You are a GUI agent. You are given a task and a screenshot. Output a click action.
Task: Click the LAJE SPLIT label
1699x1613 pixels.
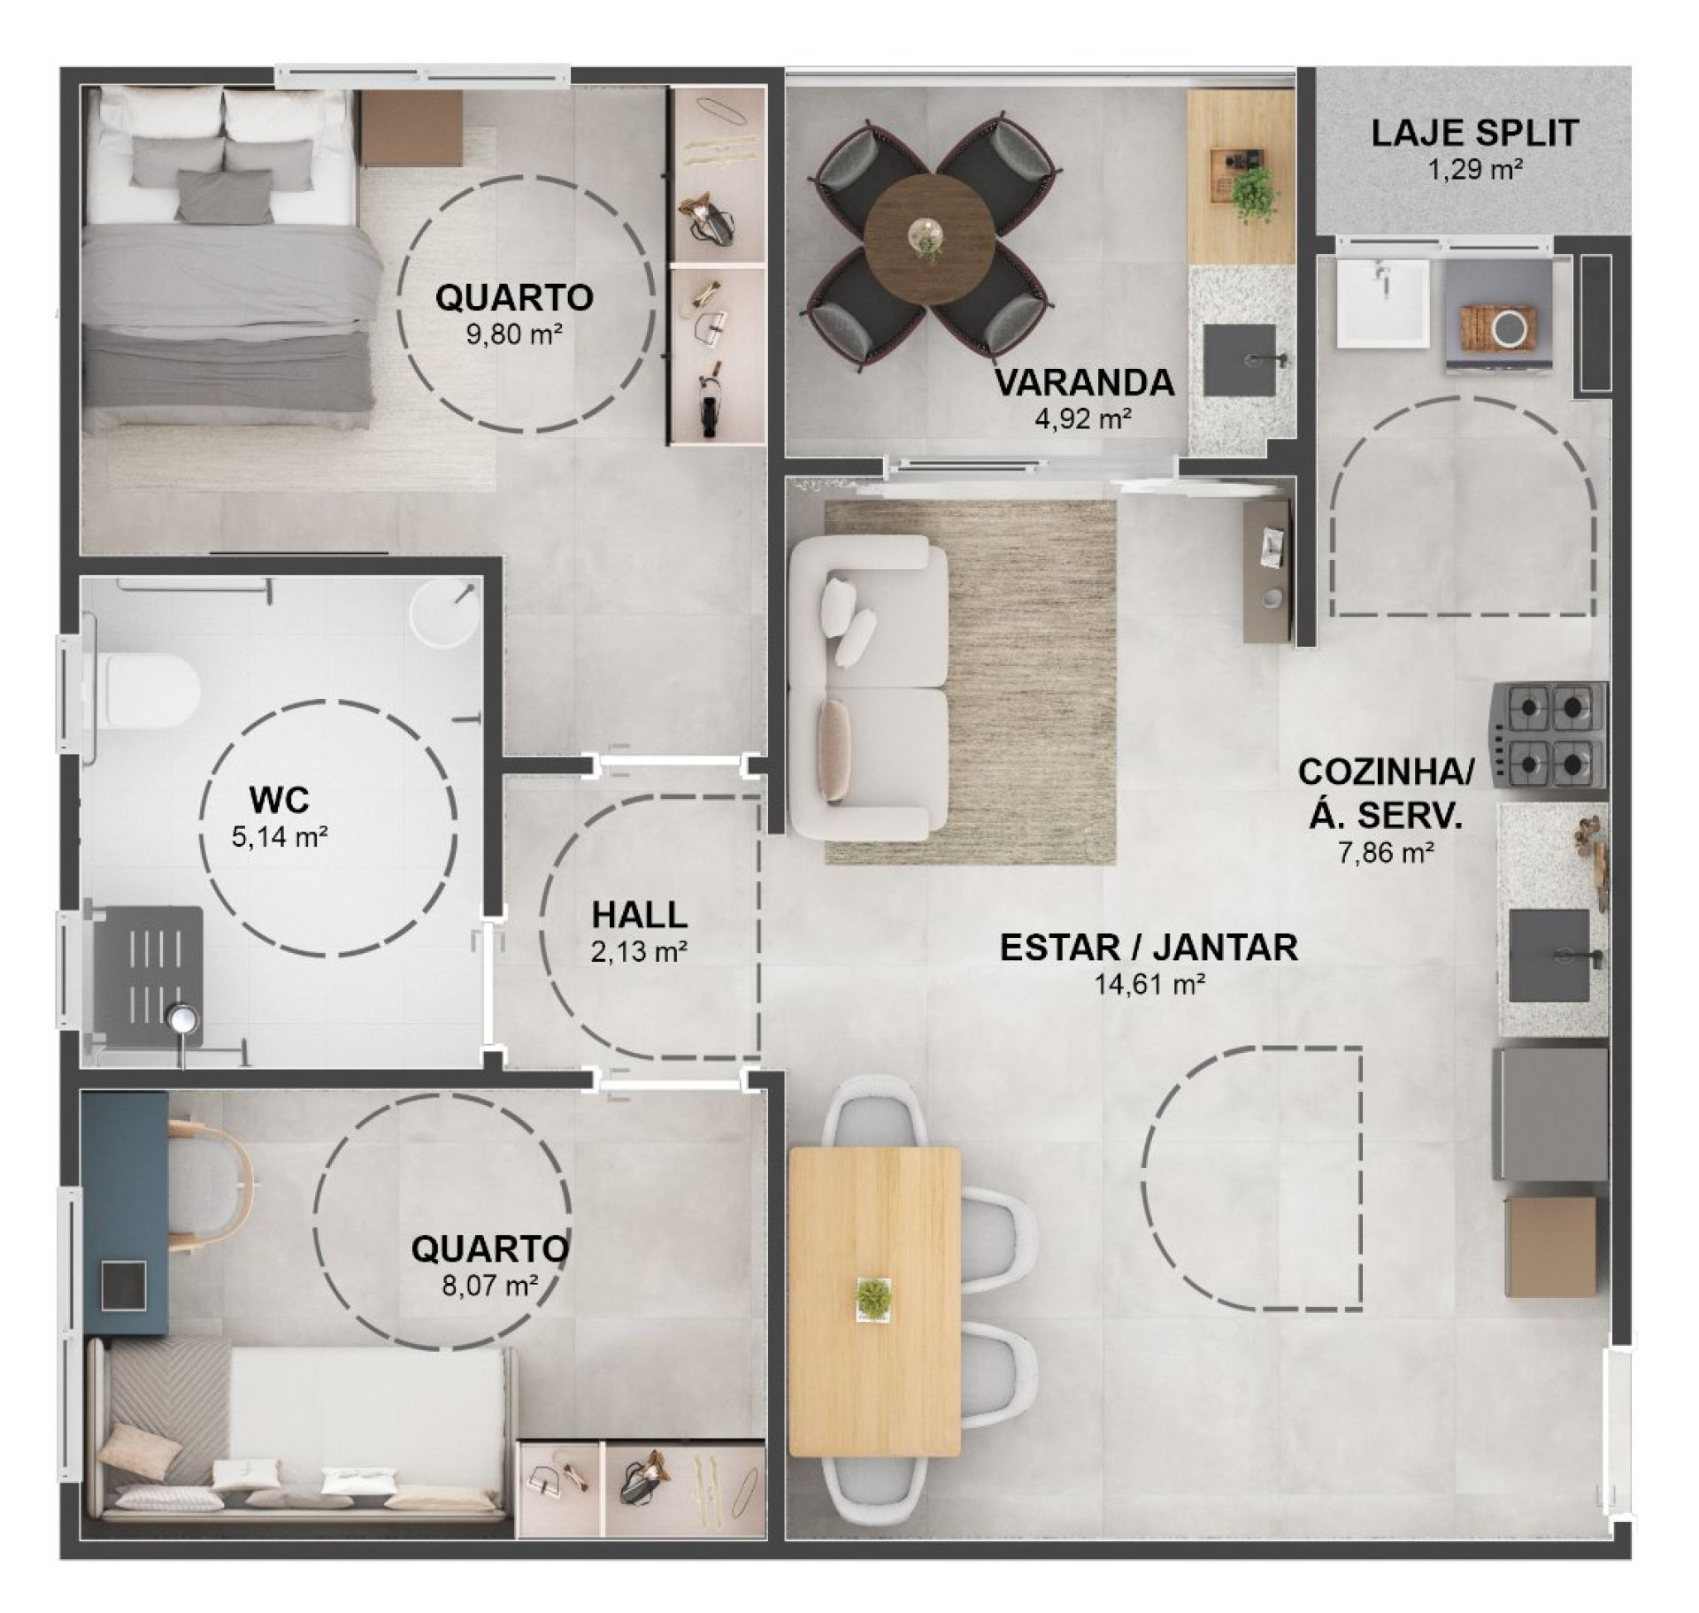click(1475, 134)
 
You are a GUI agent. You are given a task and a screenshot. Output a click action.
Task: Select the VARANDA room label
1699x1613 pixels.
click(1085, 382)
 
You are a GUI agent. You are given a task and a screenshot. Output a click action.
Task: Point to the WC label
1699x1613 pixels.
click(280, 800)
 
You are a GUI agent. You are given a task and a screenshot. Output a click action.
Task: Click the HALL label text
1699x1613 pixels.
click(639, 915)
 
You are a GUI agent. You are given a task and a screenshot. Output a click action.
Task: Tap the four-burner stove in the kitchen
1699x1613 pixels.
click(1550, 734)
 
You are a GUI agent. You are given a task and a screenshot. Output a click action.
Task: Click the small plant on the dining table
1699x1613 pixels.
click(874, 1298)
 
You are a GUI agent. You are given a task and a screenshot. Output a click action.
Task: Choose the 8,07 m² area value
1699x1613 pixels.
click(490, 1284)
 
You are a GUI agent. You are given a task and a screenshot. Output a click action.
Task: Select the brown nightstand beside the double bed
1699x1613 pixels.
click(411, 127)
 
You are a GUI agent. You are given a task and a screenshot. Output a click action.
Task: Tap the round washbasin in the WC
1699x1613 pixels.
click(444, 611)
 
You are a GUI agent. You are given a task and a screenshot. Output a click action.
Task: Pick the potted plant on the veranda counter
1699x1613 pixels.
click(1255, 196)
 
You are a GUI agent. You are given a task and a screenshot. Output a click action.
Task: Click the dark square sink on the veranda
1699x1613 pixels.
click(1241, 360)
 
